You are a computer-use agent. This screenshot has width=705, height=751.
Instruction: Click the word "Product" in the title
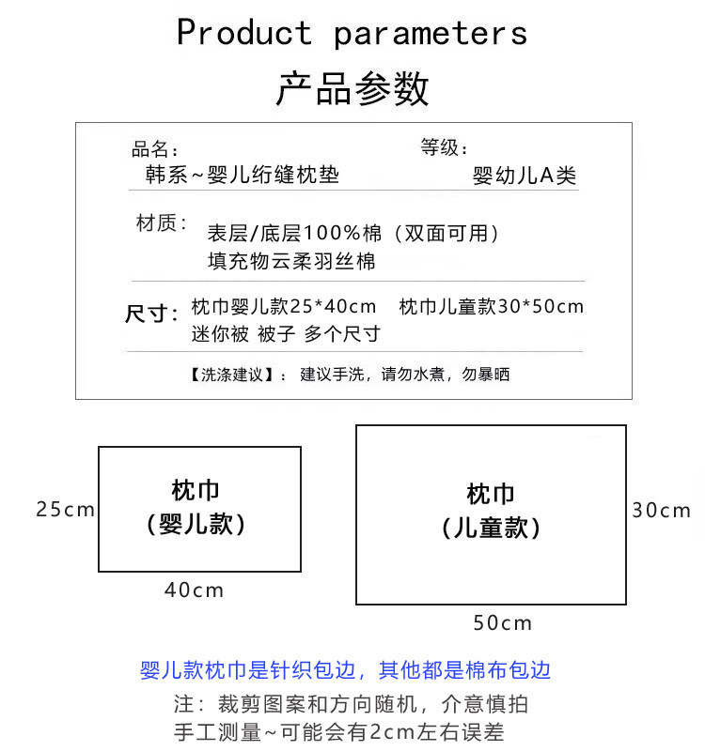click(243, 33)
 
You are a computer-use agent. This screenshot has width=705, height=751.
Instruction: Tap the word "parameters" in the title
click(430, 35)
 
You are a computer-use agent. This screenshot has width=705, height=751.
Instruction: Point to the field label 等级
click(444, 147)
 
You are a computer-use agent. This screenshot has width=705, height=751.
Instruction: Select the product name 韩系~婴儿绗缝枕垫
click(242, 175)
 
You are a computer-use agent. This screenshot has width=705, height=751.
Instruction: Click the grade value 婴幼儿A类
click(524, 176)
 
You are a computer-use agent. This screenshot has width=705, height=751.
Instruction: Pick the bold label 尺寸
click(151, 314)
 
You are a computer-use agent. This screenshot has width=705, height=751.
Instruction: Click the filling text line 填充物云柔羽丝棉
click(291, 260)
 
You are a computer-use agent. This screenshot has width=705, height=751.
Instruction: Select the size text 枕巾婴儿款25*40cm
click(284, 307)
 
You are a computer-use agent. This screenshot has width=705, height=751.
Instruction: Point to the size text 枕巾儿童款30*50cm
click(492, 307)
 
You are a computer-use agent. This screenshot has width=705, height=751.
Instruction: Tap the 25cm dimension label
click(65, 510)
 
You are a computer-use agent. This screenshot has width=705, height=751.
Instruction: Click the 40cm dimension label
click(195, 590)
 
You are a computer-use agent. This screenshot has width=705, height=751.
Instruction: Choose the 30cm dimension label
click(661, 511)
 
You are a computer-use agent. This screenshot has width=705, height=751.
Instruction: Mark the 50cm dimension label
click(502, 622)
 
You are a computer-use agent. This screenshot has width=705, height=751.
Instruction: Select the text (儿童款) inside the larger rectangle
click(492, 528)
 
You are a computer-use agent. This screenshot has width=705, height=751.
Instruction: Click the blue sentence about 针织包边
click(345, 670)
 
